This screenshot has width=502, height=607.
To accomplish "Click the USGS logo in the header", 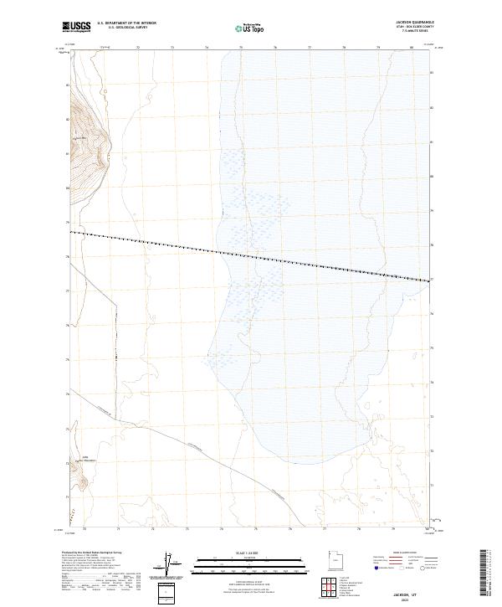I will pyautogui.click(x=77, y=27).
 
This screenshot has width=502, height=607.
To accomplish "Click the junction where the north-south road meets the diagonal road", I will pyautogui.click(x=115, y=413).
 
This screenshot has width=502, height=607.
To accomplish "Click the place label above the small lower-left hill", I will pyautogui.click(x=84, y=459).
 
